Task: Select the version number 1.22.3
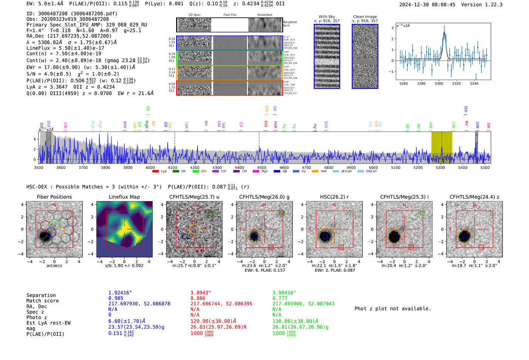492,5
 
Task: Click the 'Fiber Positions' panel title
54,197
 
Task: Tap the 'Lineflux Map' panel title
124,197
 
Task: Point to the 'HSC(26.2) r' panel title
334,197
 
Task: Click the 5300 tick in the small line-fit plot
439,83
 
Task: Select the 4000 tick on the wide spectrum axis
150,168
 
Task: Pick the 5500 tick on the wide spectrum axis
485,168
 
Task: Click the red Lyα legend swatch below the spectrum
155,172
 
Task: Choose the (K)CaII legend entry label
346,172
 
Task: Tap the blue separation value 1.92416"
120,293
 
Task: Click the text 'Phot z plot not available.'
393,309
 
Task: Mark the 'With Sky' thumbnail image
327,56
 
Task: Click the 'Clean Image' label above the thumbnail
365,17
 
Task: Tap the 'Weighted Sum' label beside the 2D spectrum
289,24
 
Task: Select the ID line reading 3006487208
72,14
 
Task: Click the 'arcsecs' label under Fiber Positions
54,266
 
